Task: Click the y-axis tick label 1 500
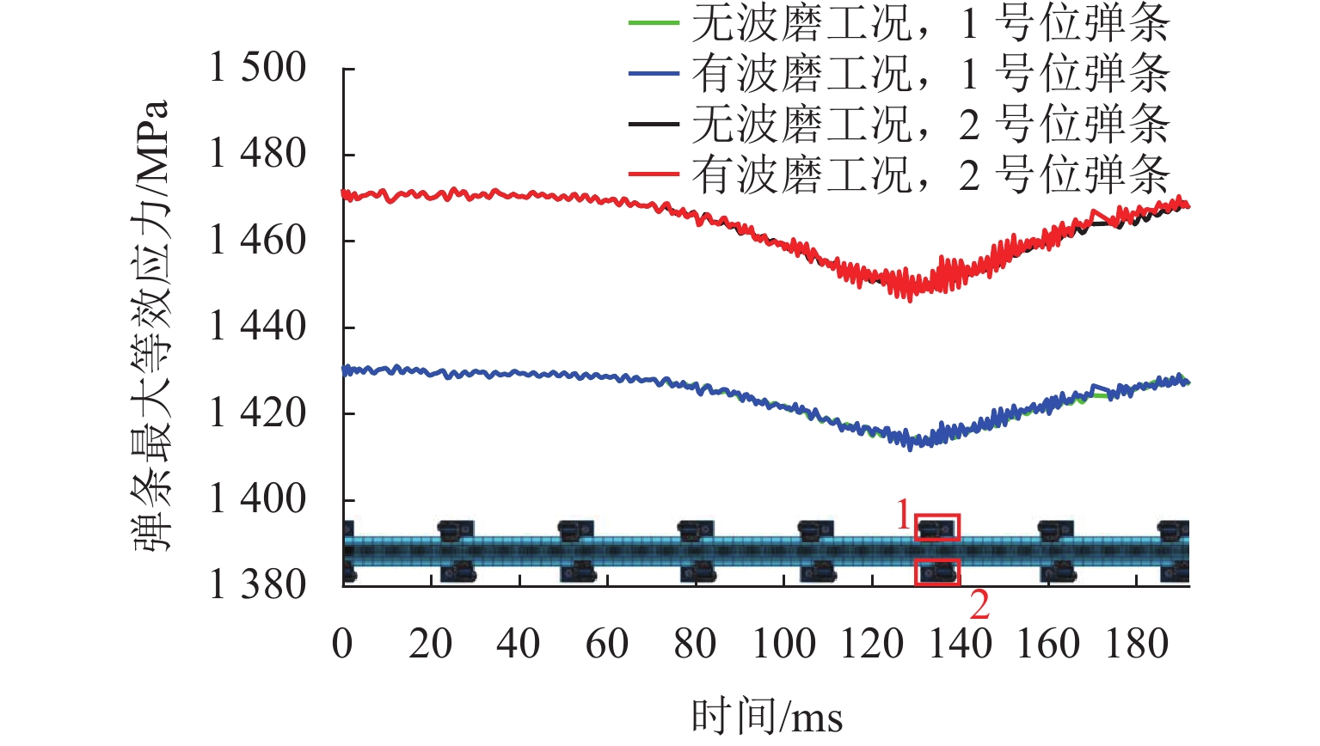pos(258,68)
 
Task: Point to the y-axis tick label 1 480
pos(258,155)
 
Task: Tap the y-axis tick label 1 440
pos(258,327)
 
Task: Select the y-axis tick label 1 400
pos(258,499)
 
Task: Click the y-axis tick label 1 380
pos(258,585)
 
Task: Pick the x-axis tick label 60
pos(607,644)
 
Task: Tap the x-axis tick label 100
pos(783,644)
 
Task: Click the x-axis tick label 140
pos(961,644)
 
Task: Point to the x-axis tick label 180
pos(1137,644)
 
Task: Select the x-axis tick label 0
pos(342,644)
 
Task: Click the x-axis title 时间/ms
pos(767,716)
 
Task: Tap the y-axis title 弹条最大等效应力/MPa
pos(152,327)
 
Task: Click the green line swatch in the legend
pos(654,23)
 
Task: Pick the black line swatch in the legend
pos(654,125)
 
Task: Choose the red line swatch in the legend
pos(654,176)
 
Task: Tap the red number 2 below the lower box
pos(979,606)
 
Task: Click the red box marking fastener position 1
pos(937,527)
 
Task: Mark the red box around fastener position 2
pos(937,572)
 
